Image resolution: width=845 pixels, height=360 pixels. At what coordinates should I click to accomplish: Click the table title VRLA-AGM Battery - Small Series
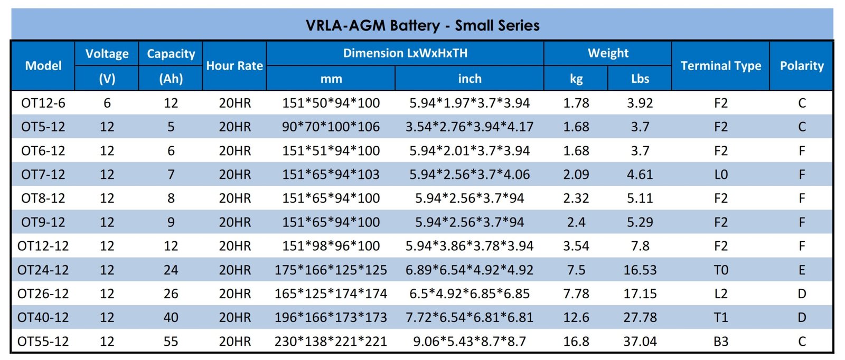(422, 25)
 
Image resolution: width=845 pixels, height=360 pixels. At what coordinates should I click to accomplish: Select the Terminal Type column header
(720, 66)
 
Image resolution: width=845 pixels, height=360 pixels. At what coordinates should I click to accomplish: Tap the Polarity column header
(801, 66)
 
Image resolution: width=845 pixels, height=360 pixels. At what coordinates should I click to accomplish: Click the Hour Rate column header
(234, 66)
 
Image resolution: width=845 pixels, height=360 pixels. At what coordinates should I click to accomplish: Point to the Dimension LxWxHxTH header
(405, 53)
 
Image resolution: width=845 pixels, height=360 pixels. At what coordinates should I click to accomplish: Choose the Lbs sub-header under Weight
(640, 79)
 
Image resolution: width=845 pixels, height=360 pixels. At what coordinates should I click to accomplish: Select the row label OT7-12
(43, 174)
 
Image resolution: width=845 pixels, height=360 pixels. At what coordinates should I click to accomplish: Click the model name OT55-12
(43, 341)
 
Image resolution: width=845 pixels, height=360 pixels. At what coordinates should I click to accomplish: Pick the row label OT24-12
(43, 270)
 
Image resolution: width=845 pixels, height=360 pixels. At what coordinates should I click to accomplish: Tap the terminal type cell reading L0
(720, 174)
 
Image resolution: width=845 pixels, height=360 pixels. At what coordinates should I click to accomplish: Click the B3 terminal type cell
(720, 341)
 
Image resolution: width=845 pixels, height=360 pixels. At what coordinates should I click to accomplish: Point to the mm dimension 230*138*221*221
(331, 341)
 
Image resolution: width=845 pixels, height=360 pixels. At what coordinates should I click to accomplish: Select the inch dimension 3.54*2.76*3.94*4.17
(470, 127)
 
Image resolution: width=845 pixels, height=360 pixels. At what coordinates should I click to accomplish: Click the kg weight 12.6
(576, 317)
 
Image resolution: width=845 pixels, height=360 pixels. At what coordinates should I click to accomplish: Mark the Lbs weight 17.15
(640, 293)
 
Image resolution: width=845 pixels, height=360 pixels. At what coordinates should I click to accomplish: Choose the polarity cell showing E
(801, 270)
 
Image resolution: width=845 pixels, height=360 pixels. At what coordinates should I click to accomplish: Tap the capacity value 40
(171, 317)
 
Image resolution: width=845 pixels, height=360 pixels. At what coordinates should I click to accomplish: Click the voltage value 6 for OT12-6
(107, 103)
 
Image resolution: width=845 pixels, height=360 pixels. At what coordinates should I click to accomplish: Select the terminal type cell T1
(720, 317)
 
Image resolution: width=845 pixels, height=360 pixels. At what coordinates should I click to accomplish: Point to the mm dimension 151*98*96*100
(331, 246)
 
